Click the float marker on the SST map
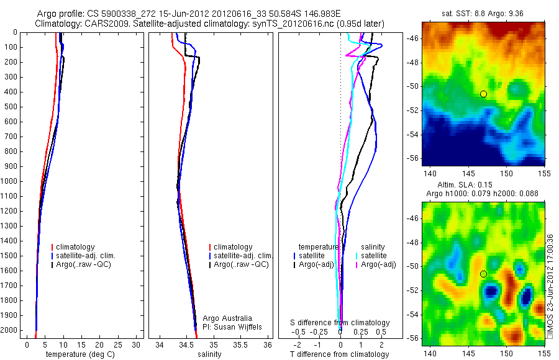483,94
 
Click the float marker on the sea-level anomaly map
483,274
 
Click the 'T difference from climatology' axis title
339,354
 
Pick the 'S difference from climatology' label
340,323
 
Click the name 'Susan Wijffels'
237,327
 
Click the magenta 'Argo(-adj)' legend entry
379,264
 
